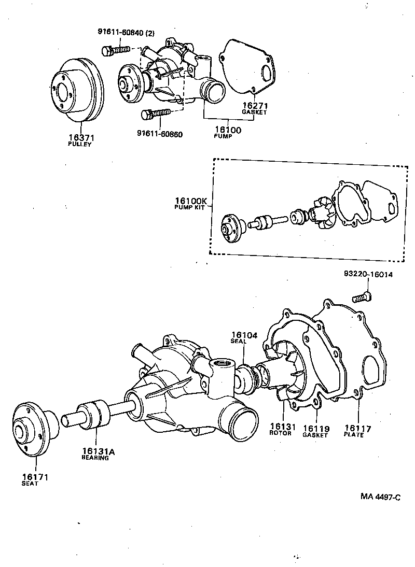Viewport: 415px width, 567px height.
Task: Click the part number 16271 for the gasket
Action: pyautogui.click(x=254, y=105)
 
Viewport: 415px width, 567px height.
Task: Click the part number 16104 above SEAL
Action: pyautogui.click(x=244, y=335)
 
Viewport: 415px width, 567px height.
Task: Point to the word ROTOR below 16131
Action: pyautogui.click(x=281, y=433)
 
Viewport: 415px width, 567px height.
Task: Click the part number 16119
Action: pyautogui.click(x=315, y=429)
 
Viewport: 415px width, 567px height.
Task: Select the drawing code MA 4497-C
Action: pyautogui.click(x=381, y=497)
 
